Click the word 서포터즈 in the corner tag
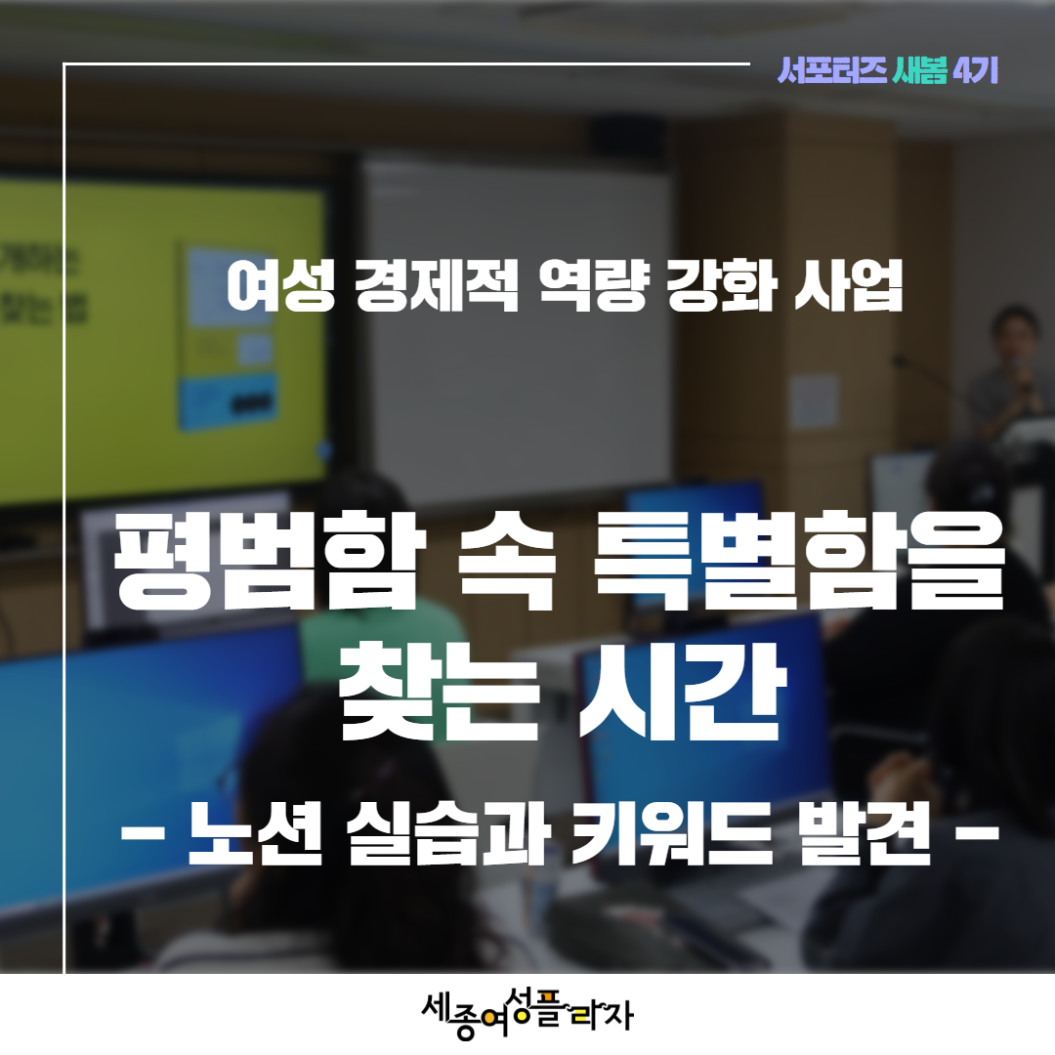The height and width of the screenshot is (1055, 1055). (831, 70)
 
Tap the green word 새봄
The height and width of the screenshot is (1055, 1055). (919, 70)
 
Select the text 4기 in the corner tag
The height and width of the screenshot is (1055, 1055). (975, 70)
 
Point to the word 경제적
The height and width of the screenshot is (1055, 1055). (438, 287)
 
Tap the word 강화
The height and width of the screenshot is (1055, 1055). (721, 287)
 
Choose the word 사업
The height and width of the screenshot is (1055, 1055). (848, 287)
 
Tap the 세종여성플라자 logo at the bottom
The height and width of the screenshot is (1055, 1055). (527, 1013)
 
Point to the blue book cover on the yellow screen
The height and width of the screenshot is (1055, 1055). (228, 336)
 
